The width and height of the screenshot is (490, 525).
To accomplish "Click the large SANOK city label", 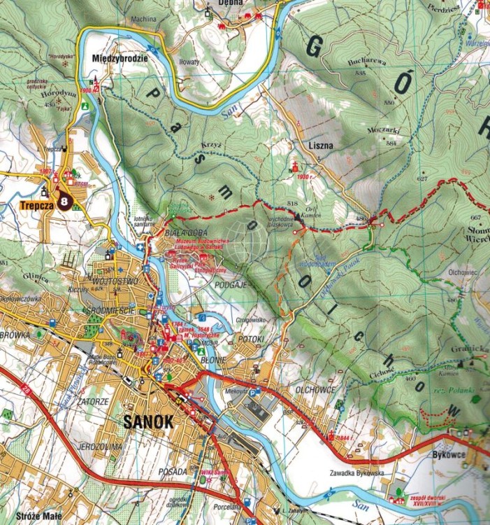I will (148, 422).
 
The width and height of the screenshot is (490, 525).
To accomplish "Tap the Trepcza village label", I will (36, 206).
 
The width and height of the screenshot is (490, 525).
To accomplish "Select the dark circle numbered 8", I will (65, 202).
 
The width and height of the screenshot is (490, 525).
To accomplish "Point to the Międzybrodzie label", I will (120, 59).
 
